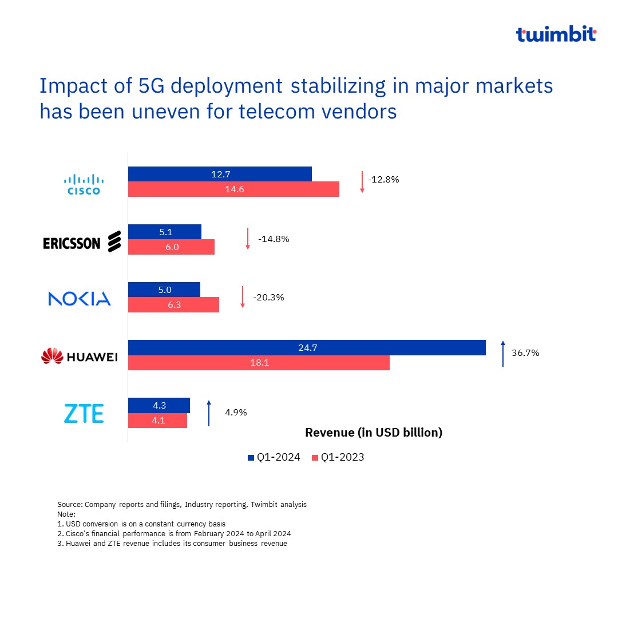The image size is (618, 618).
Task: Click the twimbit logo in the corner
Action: [556, 34]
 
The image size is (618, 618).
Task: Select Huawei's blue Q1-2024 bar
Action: [307, 347]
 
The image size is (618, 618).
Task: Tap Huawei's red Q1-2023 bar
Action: [259, 362]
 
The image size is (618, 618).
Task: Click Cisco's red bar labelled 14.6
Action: [233, 189]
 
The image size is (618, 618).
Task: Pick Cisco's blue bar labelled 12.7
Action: [220, 175]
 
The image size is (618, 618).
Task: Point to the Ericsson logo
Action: [82, 242]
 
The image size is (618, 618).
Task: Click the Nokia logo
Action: [80, 298]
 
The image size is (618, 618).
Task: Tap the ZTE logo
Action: [84, 413]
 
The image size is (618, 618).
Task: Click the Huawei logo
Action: [80, 356]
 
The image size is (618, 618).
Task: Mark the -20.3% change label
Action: [268, 298]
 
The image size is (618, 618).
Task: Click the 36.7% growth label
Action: [525, 353]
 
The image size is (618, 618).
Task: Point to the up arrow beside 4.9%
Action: [209, 413]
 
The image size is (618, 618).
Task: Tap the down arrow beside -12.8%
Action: [362, 181]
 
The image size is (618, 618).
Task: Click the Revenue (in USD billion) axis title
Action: [374, 433]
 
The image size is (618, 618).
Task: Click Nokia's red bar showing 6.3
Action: [173, 305]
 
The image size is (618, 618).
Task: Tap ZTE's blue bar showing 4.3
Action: [159, 405]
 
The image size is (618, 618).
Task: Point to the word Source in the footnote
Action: [69, 505]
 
